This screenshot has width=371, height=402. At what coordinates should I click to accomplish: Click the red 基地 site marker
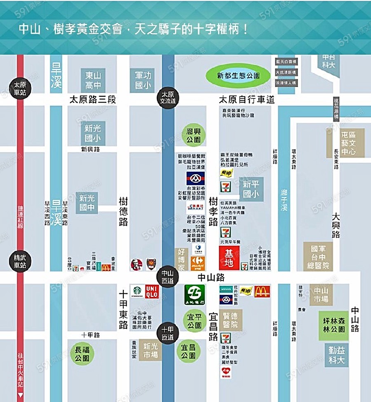pyautogui.click(x=229, y=258)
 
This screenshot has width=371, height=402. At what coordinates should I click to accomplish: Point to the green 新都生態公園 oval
pyautogui.click(x=239, y=76)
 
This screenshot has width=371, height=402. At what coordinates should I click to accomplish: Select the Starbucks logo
pyautogui.click(x=136, y=291)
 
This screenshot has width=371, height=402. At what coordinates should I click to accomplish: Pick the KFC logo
pyautogui.click(x=136, y=264)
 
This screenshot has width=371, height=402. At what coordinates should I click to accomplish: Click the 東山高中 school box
pyautogui.click(x=93, y=80)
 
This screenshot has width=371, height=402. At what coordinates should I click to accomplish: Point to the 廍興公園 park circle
pyautogui.click(x=193, y=135)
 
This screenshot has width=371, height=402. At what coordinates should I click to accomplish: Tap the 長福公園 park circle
pyautogui.click(x=82, y=353)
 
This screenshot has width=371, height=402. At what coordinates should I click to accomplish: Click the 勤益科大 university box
pyautogui.click(x=337, y=355)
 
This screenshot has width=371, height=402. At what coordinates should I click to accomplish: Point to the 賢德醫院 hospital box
pyautogui.click(x=231, y=320)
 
